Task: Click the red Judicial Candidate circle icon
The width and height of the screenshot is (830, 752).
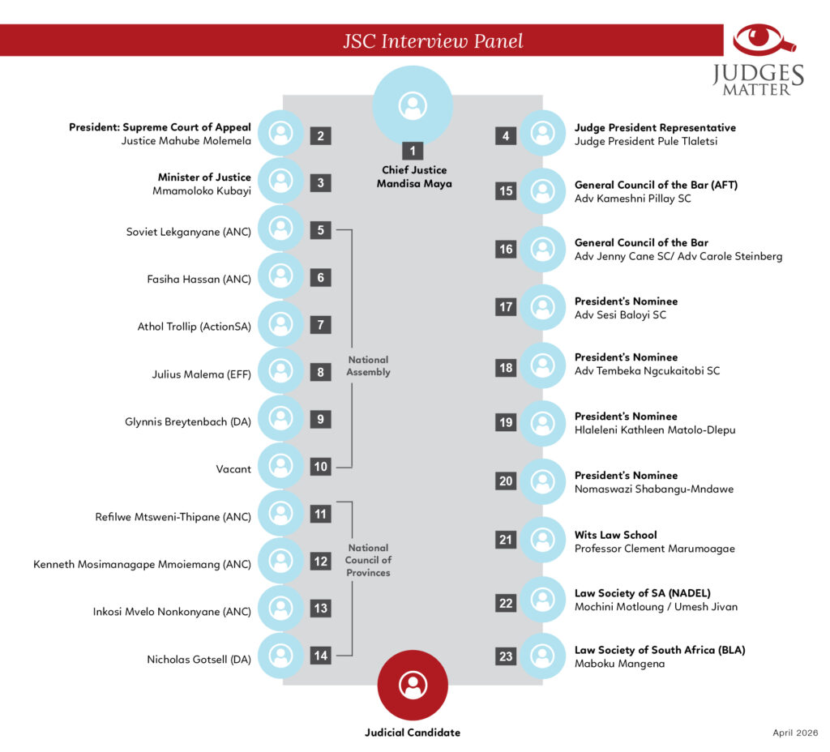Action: pos(413,685)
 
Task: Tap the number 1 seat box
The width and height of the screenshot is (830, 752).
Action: pos(413,151)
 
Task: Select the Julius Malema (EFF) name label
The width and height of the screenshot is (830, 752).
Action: pos(202,374)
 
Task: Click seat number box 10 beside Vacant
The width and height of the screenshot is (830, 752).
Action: pos(320,466)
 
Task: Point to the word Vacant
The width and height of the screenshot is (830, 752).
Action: pos(233,469)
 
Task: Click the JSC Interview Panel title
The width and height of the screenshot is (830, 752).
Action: pos(433,41)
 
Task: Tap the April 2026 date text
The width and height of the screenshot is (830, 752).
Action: pos(795,733)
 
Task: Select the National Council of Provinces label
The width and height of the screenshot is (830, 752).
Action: pos(369,560)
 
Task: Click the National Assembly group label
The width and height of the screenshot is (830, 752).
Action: pos(369,365)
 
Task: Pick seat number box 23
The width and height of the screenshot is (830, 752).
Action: pos(506,656)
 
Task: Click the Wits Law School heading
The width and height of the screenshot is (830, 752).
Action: pos(616,535)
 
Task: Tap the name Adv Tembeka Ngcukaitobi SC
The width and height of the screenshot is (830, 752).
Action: pos(648,370)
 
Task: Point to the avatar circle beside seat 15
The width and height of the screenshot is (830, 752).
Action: pos(542,191)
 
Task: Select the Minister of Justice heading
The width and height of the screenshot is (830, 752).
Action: pos(204,177)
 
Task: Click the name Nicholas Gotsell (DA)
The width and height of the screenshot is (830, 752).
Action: pos(199,660)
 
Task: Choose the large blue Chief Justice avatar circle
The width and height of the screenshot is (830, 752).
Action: pos(413,105)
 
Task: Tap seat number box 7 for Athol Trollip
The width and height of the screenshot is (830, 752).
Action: pos(320,324)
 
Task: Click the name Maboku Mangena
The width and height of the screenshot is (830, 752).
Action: pos(620,664)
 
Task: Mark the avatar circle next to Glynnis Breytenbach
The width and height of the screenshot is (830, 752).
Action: pos(280,419)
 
